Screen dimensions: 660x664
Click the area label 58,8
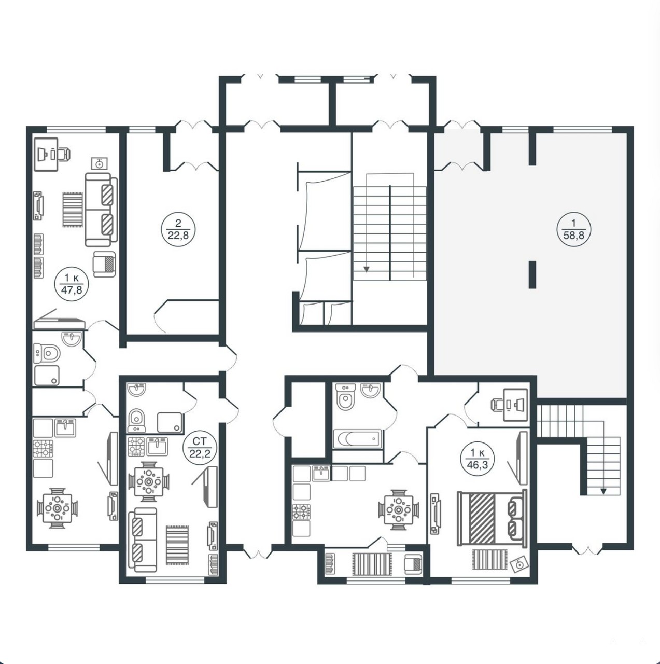(573, 235)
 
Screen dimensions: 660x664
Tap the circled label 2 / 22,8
(178, 229)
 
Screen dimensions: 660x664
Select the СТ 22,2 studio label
(200, 448)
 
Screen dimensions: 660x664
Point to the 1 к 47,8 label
(72, 284)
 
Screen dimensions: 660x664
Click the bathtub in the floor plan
(357, 439)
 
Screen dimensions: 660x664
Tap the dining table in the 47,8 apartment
(57, 508)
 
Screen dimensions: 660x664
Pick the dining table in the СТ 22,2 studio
(149, 482)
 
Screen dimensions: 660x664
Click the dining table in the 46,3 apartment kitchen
(399, 510)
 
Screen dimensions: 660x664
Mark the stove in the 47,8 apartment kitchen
(43, 448)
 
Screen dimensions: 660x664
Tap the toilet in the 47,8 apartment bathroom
(47, 353)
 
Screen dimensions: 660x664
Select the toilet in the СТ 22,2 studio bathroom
(137, 420)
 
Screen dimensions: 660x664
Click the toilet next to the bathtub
(345, 397)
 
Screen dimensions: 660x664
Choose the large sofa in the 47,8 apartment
(101, 210)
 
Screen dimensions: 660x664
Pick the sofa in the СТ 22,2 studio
(143, 539)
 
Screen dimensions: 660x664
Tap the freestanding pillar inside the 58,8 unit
(532, 274)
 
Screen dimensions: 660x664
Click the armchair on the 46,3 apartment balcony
(413, 564)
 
